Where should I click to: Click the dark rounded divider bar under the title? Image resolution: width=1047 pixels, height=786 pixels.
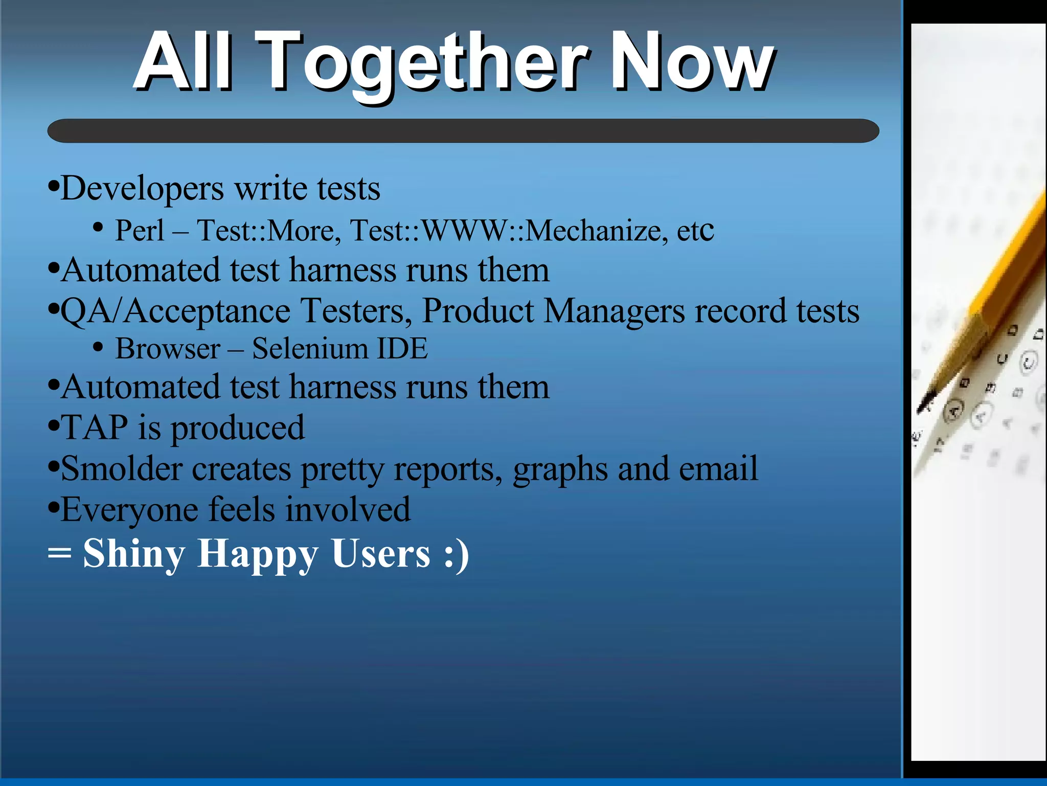pos(463,131)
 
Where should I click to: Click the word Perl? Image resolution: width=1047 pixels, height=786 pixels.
pos(140,231)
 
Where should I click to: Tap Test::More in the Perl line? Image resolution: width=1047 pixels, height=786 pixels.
pos(268,231)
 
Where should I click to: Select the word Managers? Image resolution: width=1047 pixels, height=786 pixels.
pos(613,311)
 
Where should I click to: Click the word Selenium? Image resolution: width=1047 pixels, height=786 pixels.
pos(310,349)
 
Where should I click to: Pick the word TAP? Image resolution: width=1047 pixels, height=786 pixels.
pos(95,428)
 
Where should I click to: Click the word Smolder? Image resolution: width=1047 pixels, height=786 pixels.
pos(122,468)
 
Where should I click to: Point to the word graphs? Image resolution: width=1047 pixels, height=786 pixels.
pos(560,469)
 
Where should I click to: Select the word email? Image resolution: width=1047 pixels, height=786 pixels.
pos(718,468)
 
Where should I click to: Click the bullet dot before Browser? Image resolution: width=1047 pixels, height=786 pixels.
pos(98,347)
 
